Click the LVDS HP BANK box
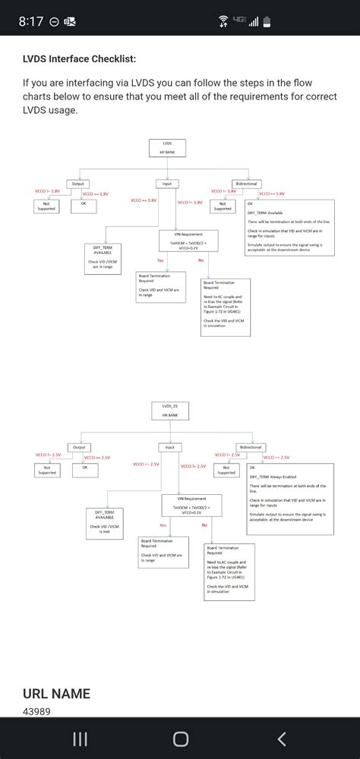(167, 147)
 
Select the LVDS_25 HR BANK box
(167, 410)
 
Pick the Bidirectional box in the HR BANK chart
(250, 448)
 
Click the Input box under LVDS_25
(169, 448)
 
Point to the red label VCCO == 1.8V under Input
(144, 201)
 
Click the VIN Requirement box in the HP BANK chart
(188, 241)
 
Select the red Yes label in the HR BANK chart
(163, 525)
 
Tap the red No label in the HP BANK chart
(201, 260)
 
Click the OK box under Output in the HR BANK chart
(85, 470)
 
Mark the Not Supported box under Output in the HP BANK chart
(46, 206)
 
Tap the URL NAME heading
(56, 693)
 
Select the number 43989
(37, 712)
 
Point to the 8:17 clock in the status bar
(30, 21)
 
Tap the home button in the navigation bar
(180, 739)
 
